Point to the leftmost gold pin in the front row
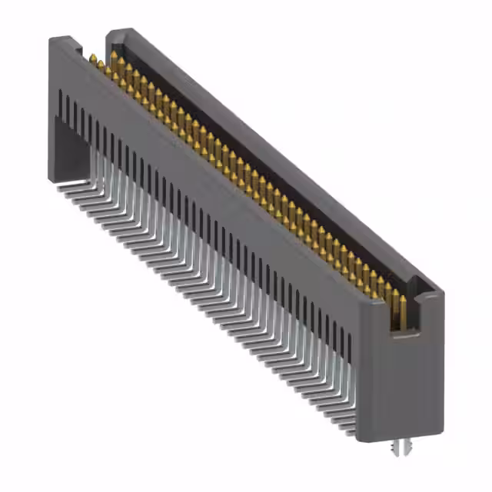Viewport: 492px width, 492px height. (92, 60)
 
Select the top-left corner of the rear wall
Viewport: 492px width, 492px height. (110, 32)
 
